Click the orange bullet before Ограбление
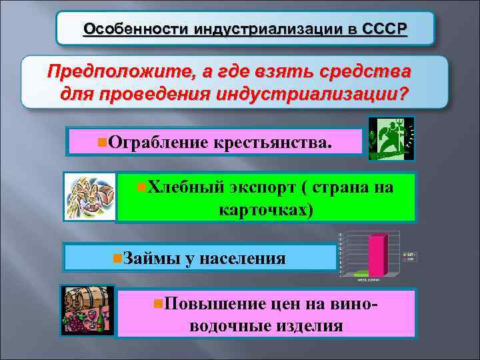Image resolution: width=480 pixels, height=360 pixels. pyautogui.click(x=101, y=141)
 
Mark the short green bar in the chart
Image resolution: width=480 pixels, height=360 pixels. pyautogui.click(x=362, y=273)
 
